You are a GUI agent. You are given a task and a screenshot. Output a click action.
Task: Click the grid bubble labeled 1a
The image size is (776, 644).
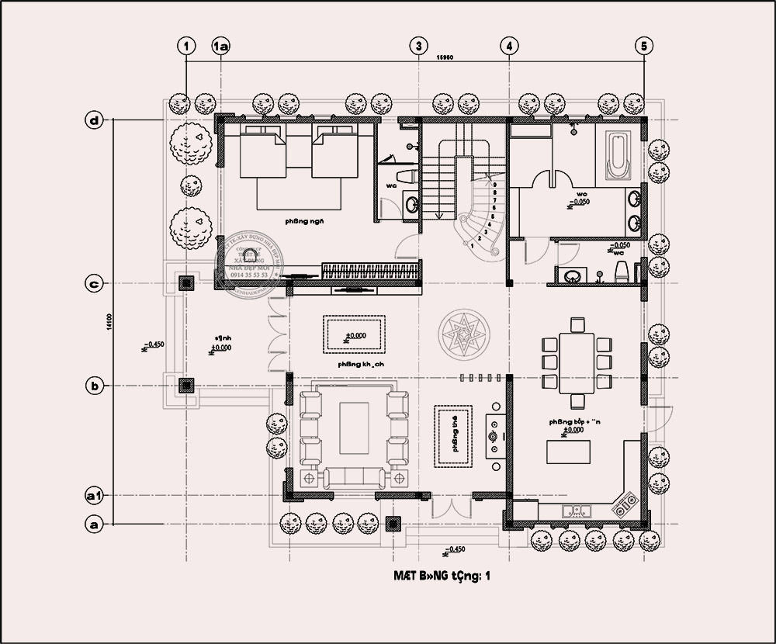(x=221, y=47)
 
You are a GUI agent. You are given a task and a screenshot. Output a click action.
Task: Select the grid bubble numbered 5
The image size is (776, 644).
(x=643, y=47)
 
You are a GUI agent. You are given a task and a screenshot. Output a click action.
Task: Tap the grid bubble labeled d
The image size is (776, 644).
(x=95, y=120)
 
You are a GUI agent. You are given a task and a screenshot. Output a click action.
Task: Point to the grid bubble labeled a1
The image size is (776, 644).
(x=95, y=494)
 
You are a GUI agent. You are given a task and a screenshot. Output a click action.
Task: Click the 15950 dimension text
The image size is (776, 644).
(x=445, y=57)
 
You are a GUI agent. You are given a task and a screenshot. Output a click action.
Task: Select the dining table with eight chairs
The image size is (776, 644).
(x=577, y=362)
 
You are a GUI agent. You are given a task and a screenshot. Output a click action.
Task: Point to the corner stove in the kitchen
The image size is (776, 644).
(x=625, y=506)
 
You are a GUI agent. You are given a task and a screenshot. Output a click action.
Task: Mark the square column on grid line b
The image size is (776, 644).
(x=185, y=384)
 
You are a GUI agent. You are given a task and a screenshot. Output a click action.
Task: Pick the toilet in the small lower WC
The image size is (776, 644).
(x=620, y=272)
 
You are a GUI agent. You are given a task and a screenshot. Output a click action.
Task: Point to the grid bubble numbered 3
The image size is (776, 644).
(x=418, y=47)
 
